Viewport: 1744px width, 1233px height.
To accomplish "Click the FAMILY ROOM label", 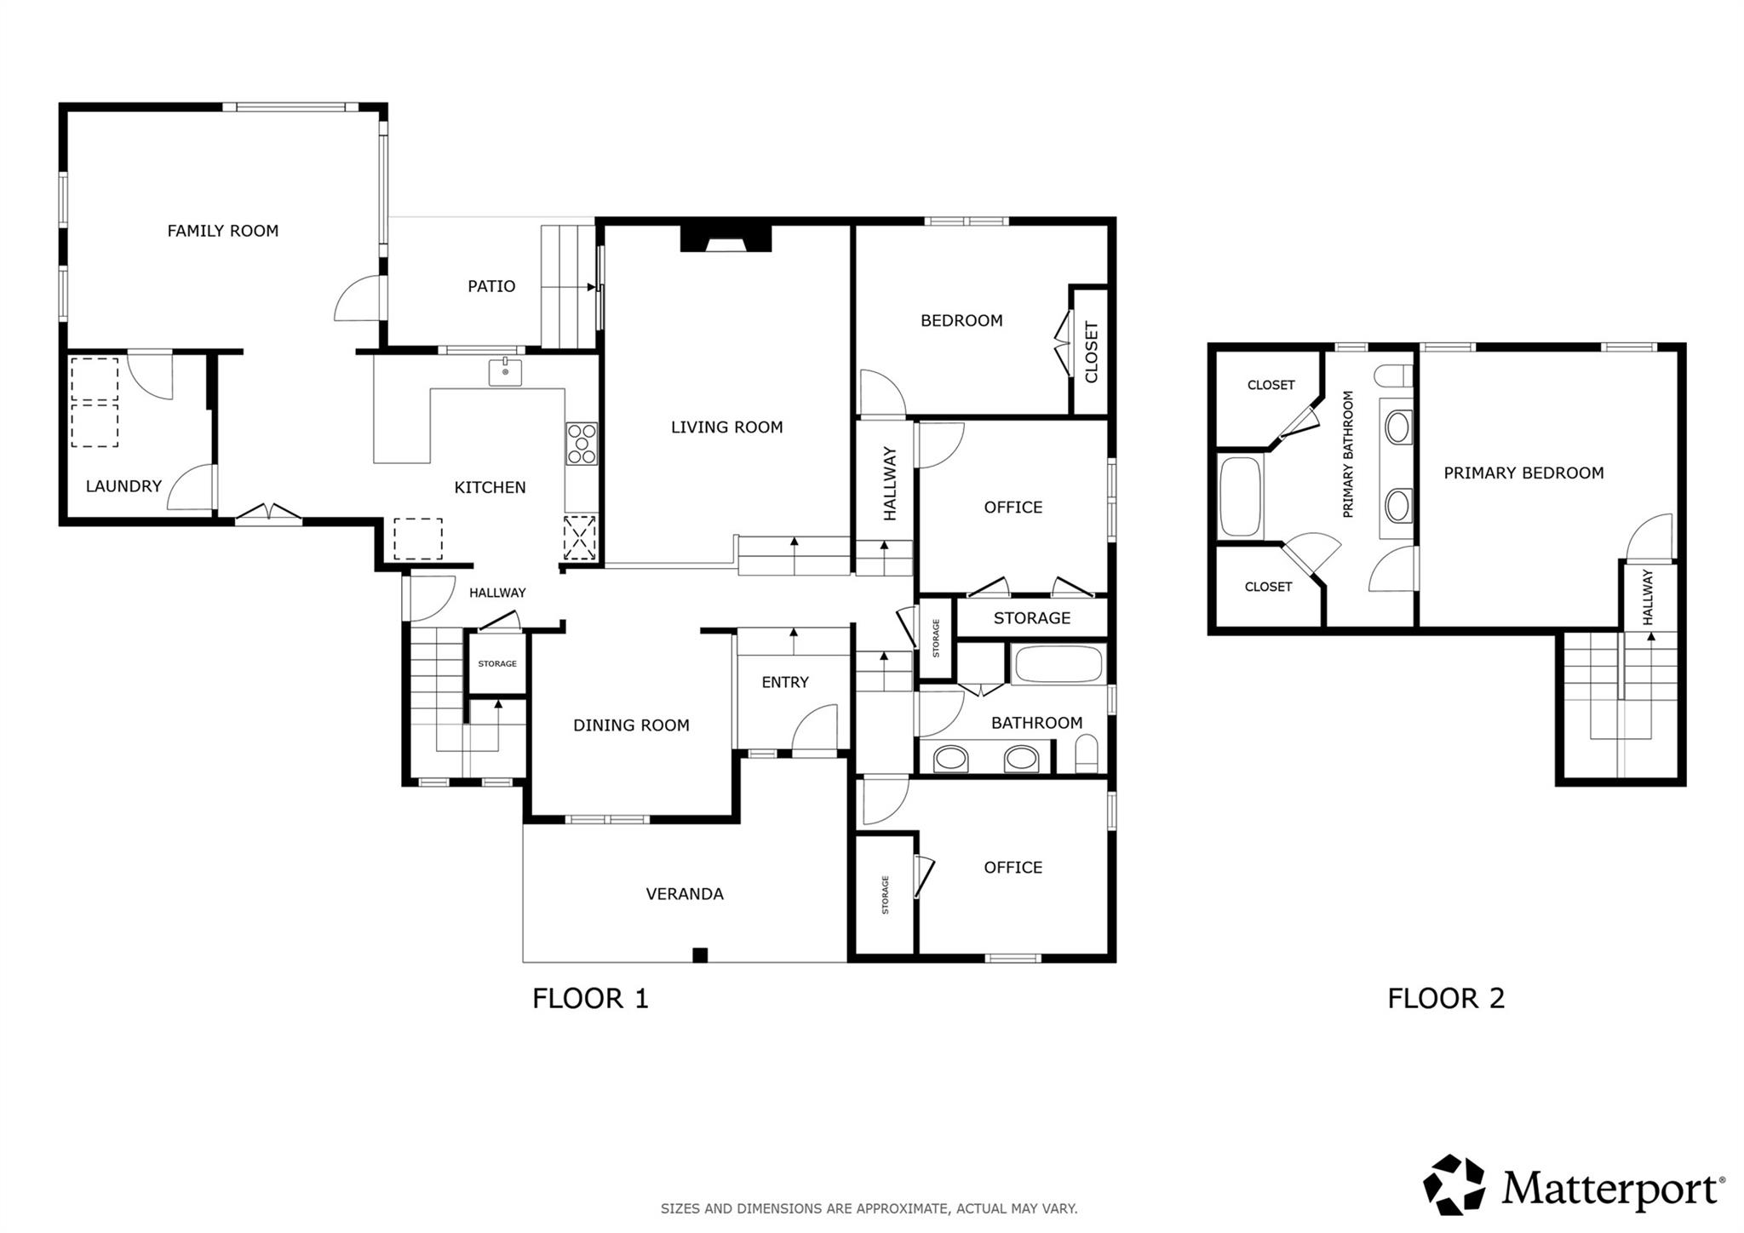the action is (222, 231).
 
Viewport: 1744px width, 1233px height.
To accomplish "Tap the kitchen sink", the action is (505, 372).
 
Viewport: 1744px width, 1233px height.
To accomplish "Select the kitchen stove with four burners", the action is (582, 444).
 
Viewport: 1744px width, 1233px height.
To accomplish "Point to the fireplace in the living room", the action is (726, 239).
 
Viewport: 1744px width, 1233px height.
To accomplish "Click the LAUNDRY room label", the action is (123, 486).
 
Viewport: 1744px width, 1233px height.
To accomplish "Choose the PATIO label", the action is (491, 286).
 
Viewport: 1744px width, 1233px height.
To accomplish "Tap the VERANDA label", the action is (685, 894).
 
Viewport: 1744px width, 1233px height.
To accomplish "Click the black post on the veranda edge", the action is (700, 955).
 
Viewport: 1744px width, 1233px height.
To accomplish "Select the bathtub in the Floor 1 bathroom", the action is (1058, 664).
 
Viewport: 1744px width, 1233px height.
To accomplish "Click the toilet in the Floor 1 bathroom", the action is (1087, 754).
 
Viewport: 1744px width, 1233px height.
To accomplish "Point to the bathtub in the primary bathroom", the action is (1240, 497).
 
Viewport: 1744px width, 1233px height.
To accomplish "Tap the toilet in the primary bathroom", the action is (1394, 376).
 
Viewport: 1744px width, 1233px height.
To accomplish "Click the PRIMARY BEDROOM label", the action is (1523, 473).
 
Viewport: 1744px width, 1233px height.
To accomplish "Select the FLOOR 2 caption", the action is (1446, 998).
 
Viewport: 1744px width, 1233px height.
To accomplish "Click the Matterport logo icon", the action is (1454, 1184).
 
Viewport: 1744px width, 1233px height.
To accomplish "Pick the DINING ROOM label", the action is (631, 725).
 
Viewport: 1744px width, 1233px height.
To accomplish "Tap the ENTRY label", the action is (785, 682).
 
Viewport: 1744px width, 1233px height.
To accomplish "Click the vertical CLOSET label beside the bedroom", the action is (1092, 352).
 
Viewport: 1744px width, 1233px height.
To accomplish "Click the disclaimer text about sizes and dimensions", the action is (869, 1208).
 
